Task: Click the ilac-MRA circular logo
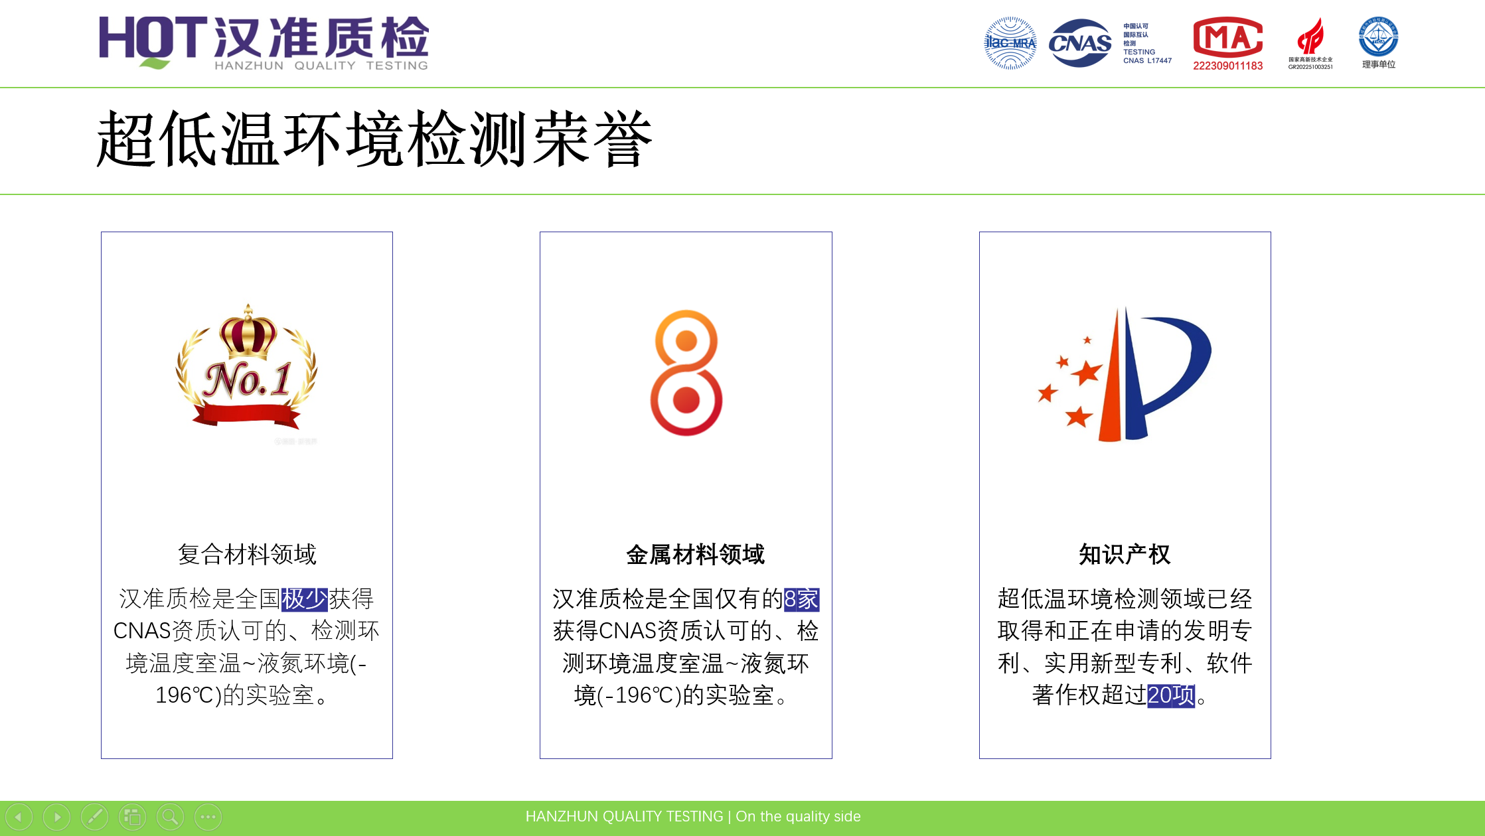pos(1010,43)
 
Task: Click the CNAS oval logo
pos(1079,43)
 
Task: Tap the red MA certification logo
pos(1227,37)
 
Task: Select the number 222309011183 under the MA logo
pos(1227,66)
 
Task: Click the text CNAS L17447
pos(1147,61)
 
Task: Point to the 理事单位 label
pos(1379,64)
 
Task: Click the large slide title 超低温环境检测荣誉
pos(374,139)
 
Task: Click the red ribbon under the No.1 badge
pos(247,415)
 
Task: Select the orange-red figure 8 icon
pos(686,372)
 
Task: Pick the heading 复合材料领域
pos(247,554)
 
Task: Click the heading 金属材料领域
pos(695,554)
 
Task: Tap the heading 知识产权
pos(1125,554)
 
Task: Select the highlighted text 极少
pos(305,599)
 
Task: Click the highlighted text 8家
pos(801,599)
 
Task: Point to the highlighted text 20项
pos(1171,695)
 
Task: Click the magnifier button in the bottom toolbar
pos(170,817)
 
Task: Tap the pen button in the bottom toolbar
pos(95,817)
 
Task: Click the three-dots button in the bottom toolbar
pos(208,817)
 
